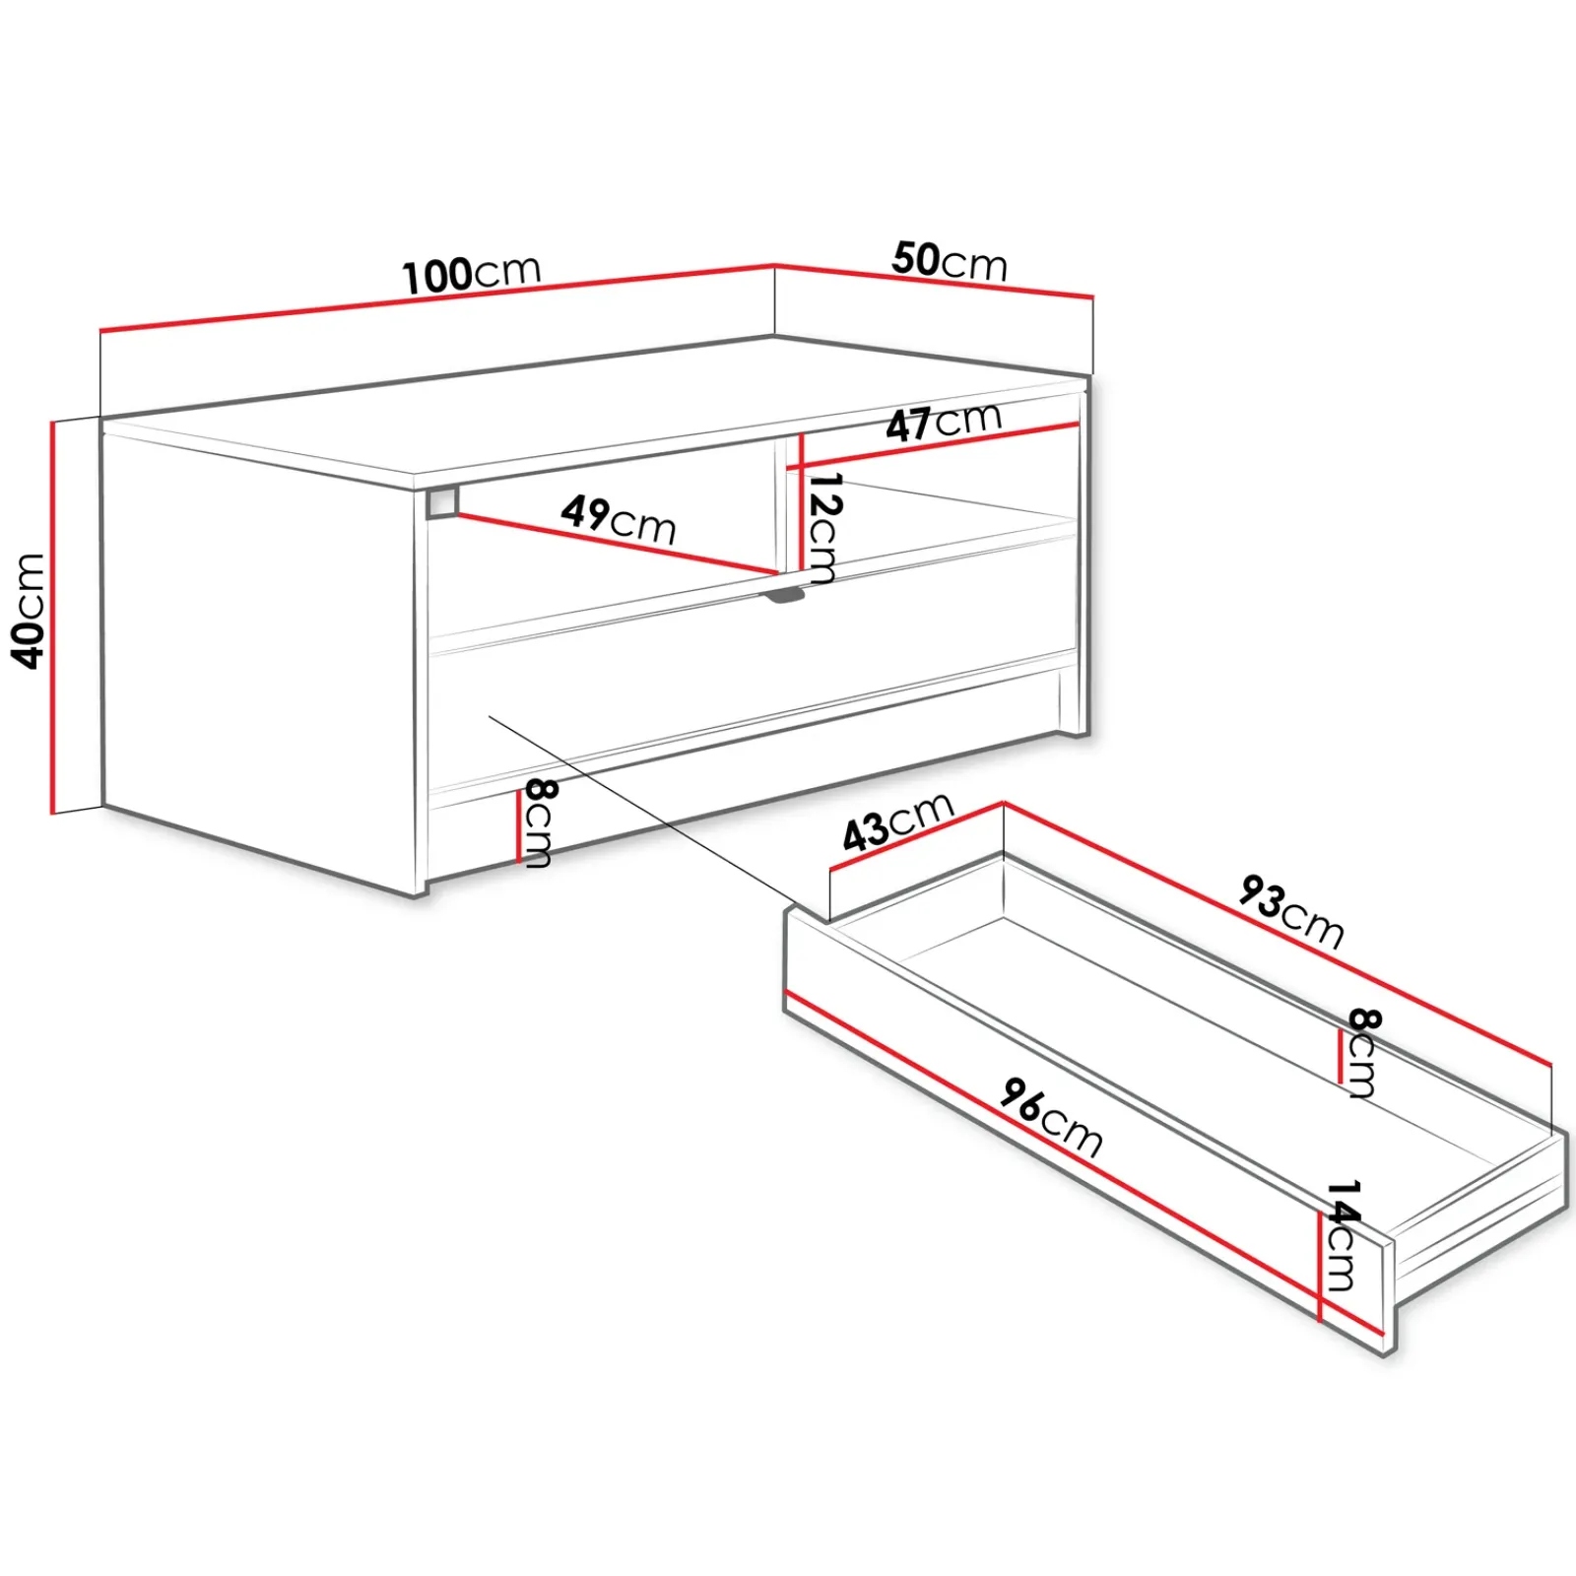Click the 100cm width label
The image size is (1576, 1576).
click(472, 274)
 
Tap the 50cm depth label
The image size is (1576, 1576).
click(950, 261)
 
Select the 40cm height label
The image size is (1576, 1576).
click(29, 611)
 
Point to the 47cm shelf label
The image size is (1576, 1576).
click(943, 422)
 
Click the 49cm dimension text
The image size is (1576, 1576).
click(619, 519)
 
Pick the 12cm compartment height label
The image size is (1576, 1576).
click(821, 528)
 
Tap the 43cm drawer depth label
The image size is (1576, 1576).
click(897, 821)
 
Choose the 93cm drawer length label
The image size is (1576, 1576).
click(1291, 911)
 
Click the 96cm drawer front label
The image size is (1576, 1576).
click(1051, 1117)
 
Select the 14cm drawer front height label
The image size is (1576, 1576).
click(1341, 1236)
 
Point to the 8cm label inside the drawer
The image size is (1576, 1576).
click(1362, 1053)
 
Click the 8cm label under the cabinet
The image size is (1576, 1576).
click(538, 823)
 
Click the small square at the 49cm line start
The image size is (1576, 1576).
click(442, 501)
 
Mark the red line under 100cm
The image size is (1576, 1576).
click(438, 298)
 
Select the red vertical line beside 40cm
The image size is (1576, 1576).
click(53, 618)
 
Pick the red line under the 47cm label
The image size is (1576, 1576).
click(941, 444)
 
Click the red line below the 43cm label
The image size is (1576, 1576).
click(917, 836)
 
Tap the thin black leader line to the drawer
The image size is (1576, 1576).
click(645, 809)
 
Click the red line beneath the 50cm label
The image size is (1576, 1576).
click(935, 280)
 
